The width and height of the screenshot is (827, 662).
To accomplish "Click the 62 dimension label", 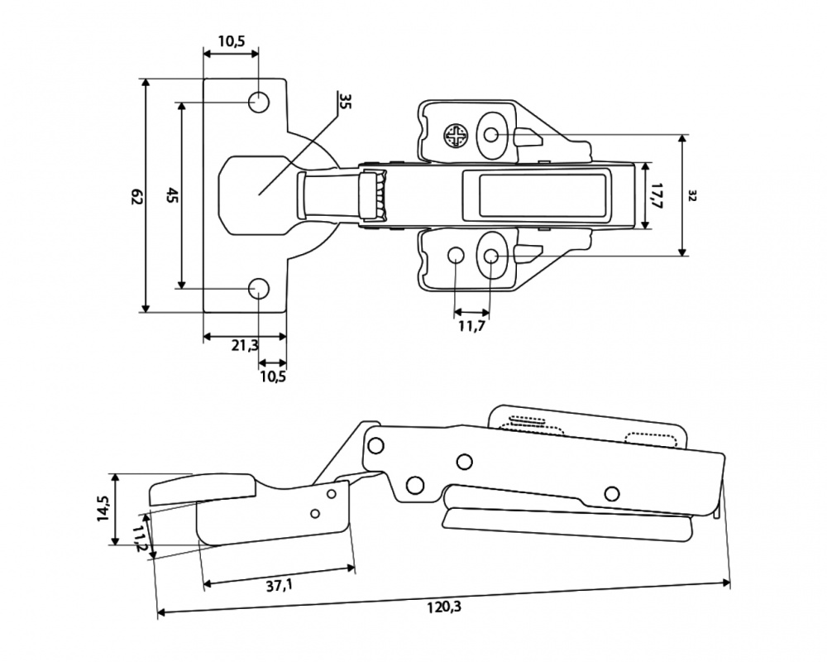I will (136, 196).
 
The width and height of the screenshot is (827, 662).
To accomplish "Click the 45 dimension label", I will (172, 196).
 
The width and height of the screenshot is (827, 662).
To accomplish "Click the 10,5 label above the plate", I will (231, 42).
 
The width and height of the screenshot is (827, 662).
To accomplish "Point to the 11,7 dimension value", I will (471, 326).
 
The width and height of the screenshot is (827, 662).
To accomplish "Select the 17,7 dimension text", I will (657, 197).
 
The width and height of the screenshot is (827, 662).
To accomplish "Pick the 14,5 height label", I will (103, 508).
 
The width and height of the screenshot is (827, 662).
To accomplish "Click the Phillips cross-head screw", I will (456, 136).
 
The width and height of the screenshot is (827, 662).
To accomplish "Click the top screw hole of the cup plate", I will (259, 103).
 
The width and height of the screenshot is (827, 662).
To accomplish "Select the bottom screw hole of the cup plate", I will (259, 289).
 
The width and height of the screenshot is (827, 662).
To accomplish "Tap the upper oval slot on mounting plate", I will (492, 135).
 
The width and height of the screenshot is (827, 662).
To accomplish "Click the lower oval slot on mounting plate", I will (492, 256).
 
